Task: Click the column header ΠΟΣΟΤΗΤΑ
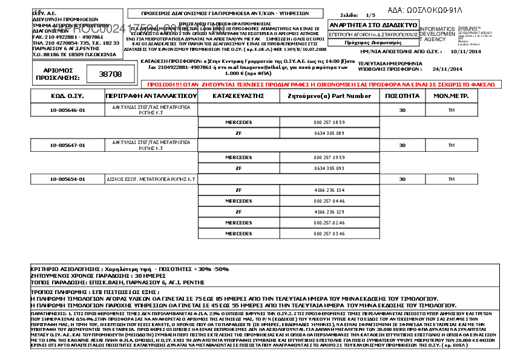pyautogui.click(x=400, y=96)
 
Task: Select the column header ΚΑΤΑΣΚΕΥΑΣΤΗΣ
pyautogui.click(x=239, y=96)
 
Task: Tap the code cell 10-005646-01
pyautogui.click(x=68, y=111)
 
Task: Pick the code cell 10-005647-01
pyautogui.click(x=68, y=145)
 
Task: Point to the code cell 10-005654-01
pyautogui.click(x=68, y=180)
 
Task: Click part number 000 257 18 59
pyautogui.click(x=329, y=122)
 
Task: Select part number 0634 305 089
pyautogui.click(x=329, y=133)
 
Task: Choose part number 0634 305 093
pyautogui.click(x=329, y=168)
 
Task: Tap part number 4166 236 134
pyautogui.click(x=329, y=190)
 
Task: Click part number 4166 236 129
pyautogui.click(x=329, y=212)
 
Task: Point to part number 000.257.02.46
pyautogui.click(x=329, y=223)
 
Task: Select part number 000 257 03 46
pyautogui.click(x=329, y=234)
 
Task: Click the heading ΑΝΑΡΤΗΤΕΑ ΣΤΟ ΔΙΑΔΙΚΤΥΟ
pyautogui.click(x=373, y=25)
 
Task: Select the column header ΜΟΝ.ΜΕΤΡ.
pyautogui.click(x=450, y=96)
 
